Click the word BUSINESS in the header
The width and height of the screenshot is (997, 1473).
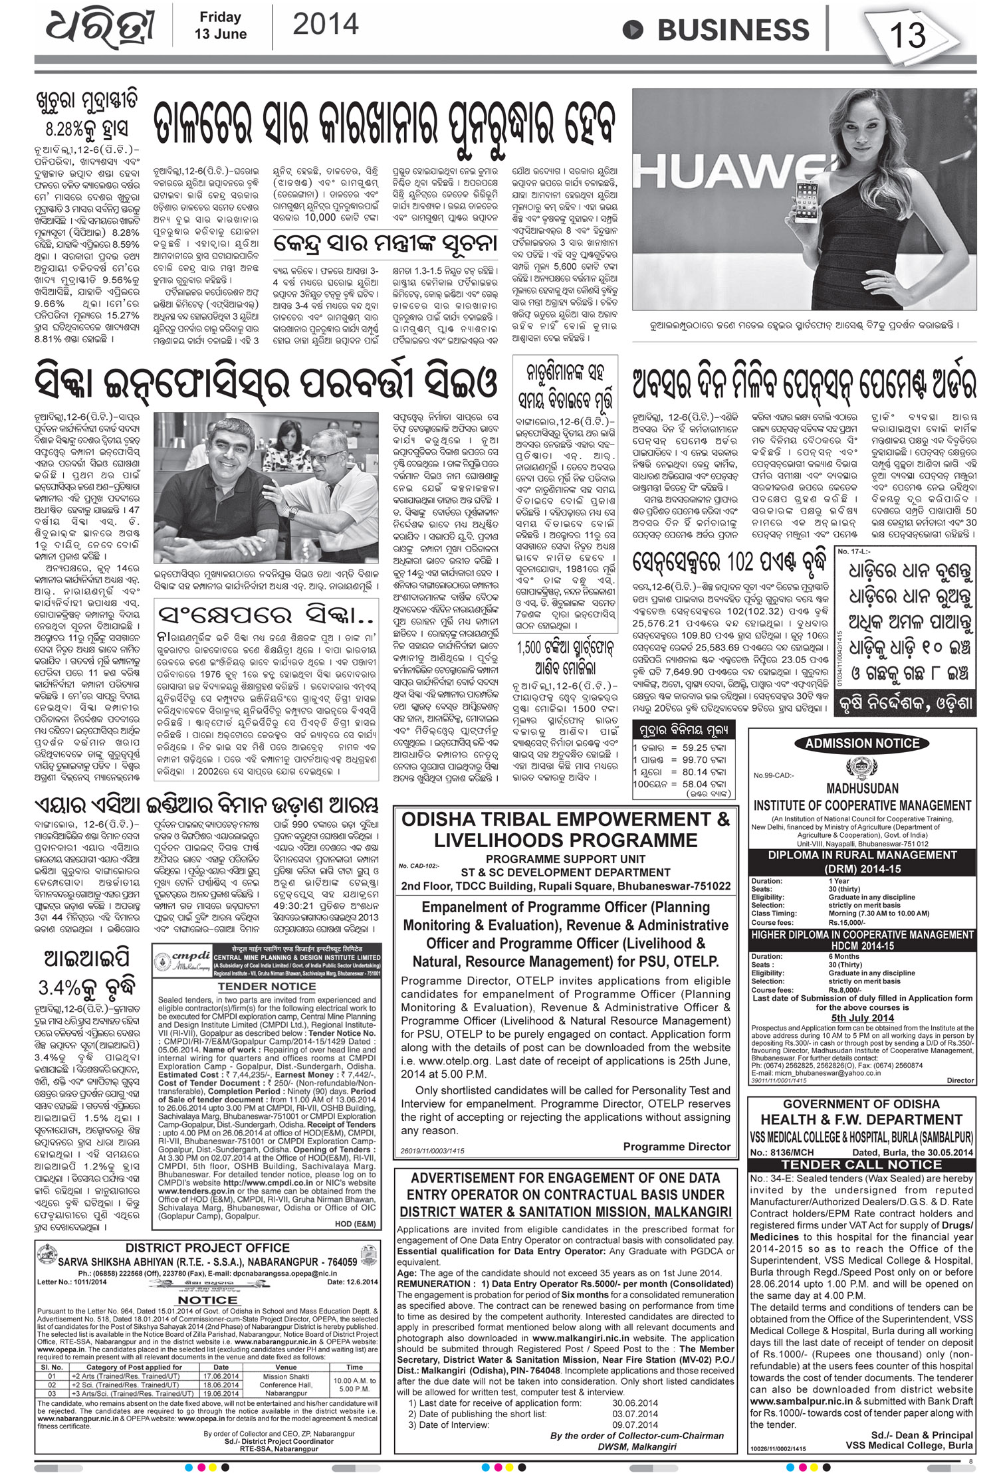pos(735,31)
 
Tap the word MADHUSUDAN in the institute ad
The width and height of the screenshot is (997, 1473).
pos(861,788)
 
